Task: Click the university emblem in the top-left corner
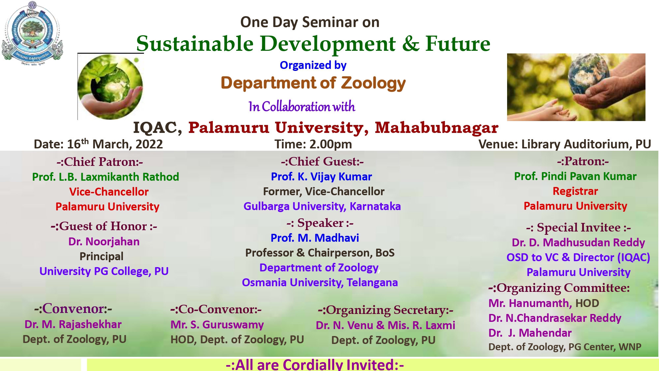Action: [x=32, y=33]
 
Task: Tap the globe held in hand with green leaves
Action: [x=110, y=86]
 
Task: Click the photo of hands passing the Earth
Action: [x=576, y=87]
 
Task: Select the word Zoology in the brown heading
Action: [x=373, y=83]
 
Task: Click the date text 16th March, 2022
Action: [x=115, y=144]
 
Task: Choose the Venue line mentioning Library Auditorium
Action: [x=565, y=144]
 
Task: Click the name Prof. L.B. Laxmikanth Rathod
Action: [x=105, y=177]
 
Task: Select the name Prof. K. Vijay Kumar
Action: [x=321, y=177]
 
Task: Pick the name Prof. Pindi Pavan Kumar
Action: [x=575, y=176]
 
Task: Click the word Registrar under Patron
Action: [x=575, y=191]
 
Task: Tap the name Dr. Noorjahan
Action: [x=104, y=242]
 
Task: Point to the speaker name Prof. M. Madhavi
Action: [x=315, y=238]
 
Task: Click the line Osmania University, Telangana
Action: [x=320, y=283]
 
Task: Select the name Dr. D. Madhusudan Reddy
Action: [x=578, y=243]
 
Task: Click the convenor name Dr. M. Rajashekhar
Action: [x=73, y=325]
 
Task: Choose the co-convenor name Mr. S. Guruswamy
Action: [x=217, y=325]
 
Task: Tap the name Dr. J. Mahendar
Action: [x=530, y=333]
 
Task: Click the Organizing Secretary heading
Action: [x=386, y=310]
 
